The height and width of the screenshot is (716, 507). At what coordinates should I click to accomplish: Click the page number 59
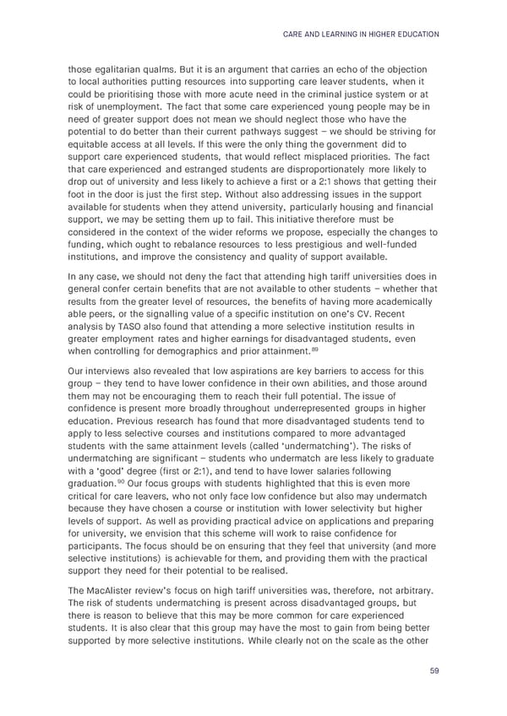click(433, 672)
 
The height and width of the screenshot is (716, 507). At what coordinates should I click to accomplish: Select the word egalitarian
click(120, 68)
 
